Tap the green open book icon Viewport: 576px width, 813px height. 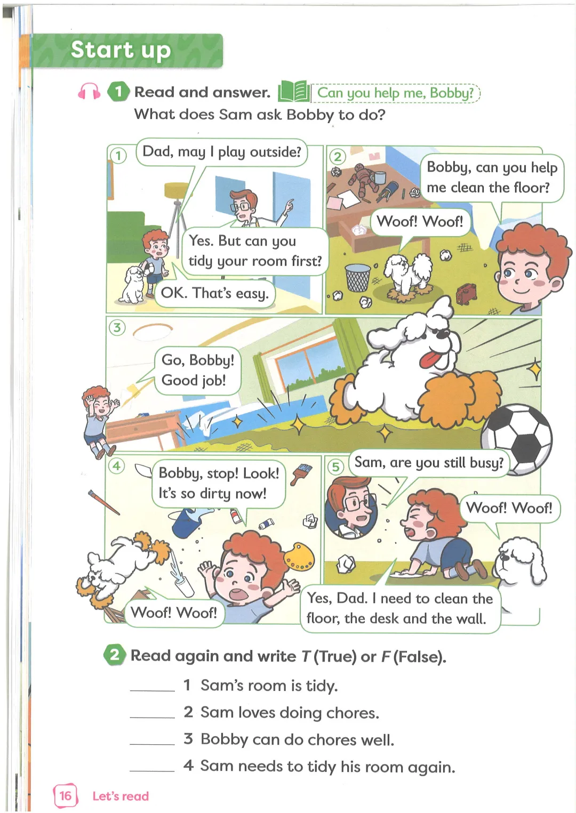tap(294, 92)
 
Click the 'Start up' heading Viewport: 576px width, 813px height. tap(121, 50)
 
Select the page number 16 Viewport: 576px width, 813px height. tap(66, 795)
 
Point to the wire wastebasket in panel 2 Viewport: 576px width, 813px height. tap(358, 278)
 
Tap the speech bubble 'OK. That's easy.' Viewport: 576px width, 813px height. tap(215, 293)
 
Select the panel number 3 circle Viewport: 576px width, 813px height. tap(117, 328)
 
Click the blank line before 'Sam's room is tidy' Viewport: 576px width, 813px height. tap(153, 690)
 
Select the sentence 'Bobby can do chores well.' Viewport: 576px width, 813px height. tap(297, 739)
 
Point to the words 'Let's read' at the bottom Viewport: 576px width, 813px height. tap(121, 796)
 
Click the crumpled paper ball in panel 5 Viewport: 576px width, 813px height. tap(346, 564)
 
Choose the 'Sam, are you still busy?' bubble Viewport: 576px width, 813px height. tap(429, 462)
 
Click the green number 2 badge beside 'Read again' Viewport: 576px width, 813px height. tap(115, 655)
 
